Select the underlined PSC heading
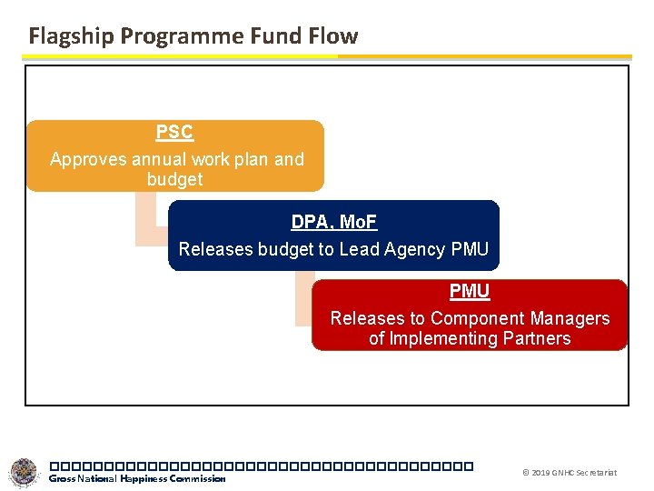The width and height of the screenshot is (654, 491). (174, 133)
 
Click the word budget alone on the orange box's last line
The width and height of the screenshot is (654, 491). (174, 180)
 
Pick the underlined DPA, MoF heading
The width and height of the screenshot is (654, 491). (333, 222)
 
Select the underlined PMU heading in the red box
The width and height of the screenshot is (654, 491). (469, 292)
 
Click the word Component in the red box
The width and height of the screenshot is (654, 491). (471, 319)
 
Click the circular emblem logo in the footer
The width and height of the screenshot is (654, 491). (25, 473)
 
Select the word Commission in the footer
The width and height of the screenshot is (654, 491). (203, 479)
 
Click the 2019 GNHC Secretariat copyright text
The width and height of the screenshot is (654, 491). (570, 473)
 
